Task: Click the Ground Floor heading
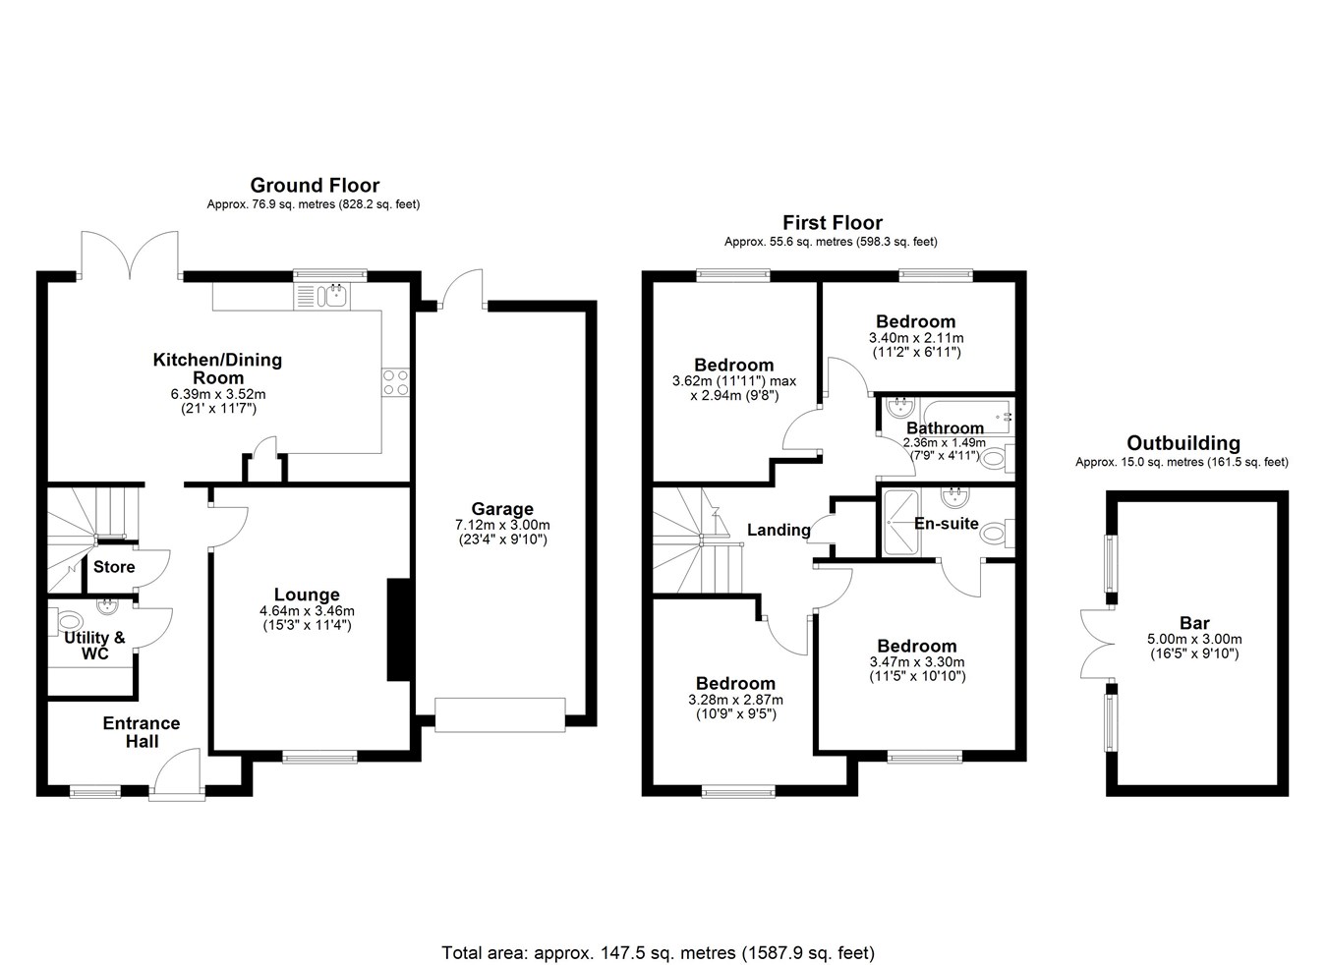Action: tap(315, 186)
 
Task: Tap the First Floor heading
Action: tap(833, 223)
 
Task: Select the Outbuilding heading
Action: tap(1183, 443)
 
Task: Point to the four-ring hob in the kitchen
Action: tap(396, 382)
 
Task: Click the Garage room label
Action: tap(502, 509)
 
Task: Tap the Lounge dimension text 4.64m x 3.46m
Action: tap(307, 611)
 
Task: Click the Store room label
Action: tap(114, 567)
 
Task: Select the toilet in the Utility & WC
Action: tap(70, 621)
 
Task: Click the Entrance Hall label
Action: tap(142, 732)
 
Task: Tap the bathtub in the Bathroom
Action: tap(964, 419)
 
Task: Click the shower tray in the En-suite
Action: tap(901, 523)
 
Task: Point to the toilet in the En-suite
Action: tap(996, 534)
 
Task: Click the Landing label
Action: tap(779, 531)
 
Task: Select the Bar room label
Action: tap(1194, 623)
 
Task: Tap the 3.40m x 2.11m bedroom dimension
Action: tap(916, 338)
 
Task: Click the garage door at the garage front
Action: tap(500, 715)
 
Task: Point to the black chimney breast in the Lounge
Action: tap(399, 629)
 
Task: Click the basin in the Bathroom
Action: tap(900, 408)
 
